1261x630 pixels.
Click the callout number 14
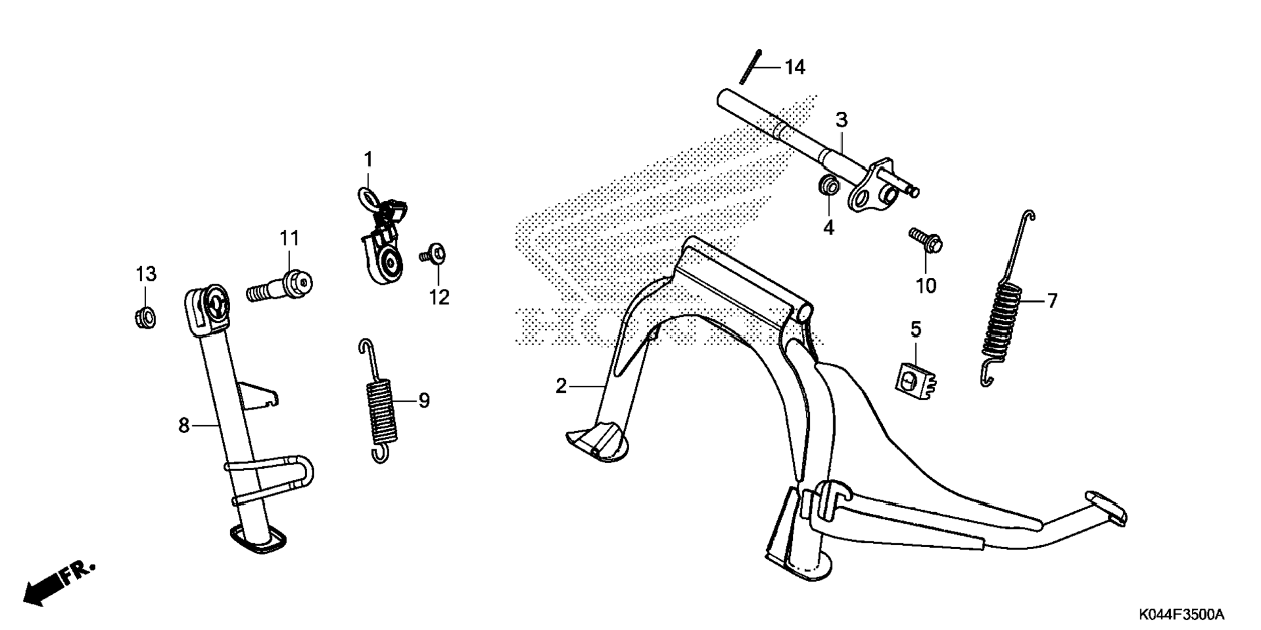(795, 67)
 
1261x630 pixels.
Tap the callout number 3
(841, 120)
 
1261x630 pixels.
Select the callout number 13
(146, 274)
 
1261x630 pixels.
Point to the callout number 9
(424, 400)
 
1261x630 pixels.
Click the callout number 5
(916, 329)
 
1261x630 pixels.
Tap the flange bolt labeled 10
(925, 240)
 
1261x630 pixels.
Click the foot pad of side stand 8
(259, 541)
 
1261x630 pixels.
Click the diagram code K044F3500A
(1181, 614)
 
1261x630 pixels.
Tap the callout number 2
(561, 386)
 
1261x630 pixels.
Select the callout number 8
(184, 425)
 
